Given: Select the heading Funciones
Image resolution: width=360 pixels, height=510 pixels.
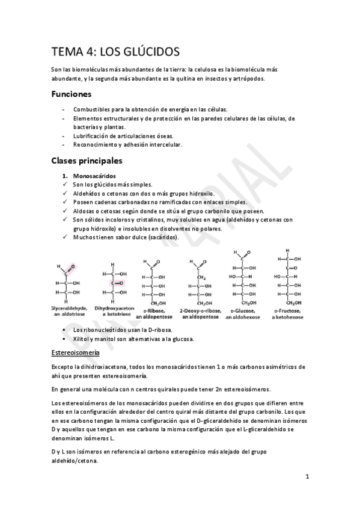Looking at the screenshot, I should (71, 94).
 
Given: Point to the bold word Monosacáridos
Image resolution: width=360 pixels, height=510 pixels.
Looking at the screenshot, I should (96, 176).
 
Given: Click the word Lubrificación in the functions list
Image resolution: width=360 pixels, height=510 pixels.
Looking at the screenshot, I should (93, 136).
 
